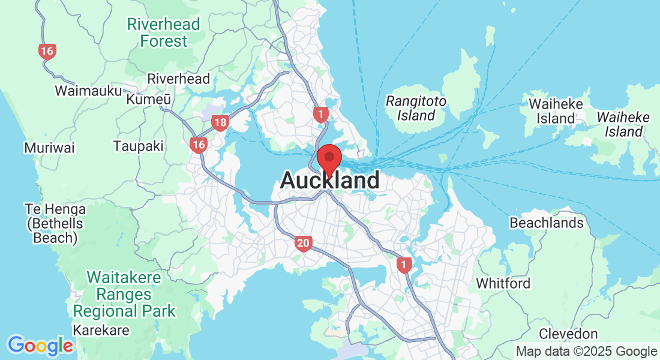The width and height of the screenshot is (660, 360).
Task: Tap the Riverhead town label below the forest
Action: pyautogui.click(x=179, y=79)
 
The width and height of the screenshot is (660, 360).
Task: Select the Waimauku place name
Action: pyautogui.click(x=88, y=91)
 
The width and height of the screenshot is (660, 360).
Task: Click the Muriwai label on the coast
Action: pyautogui.click(x=50, y=148)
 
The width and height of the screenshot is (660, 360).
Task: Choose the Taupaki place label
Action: pyautogui.click(x=139, y=146)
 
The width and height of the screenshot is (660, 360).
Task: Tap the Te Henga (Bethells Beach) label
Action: pyautogui.click(x=55, y=224)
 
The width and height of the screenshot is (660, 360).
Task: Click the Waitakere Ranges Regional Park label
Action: pyautogui.click(x=125, y=295)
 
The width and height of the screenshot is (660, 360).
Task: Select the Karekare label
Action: pyautogui.click(x=101, y=331)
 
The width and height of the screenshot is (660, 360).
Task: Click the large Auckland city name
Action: pyautogui.click(x=330, y=180)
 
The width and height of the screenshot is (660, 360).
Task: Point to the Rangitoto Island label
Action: pyautogui.click(x=416, y=108)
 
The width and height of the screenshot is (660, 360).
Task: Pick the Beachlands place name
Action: pyautogui.click(x=546, y=223)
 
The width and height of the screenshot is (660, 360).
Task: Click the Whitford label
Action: pyautogui.click(x=503, y=283)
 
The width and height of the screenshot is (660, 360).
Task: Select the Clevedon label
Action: pyautogui.click(x=568, y=334)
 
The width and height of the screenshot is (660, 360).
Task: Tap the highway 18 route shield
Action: pyautogui.click(x=220, y=124)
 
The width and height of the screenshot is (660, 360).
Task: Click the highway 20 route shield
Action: pyautogui.click(x=303, y=243)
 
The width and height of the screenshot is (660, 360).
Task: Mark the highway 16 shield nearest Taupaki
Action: pyautogui.click(x=198, y=144)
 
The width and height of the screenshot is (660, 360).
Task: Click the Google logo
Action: pyautogui.click(x=40, y=346)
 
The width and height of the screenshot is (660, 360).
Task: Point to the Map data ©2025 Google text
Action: pyautogui.click(x=586, y=352)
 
